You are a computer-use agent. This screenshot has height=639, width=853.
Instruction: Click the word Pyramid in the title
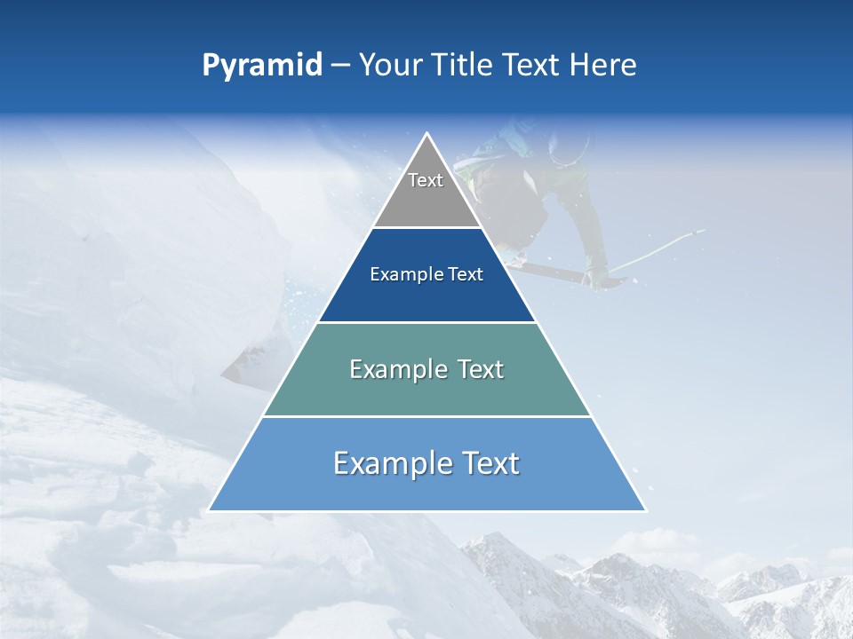tap(261, 66)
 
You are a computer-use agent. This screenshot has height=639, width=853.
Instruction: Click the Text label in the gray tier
tap(426, 180)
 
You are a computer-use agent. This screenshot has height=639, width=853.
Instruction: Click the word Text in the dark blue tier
tap(466, 275)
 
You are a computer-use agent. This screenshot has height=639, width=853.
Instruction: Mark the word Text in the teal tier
tap(480, 369)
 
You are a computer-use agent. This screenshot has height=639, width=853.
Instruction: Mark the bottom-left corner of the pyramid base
tap(210, 510)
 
